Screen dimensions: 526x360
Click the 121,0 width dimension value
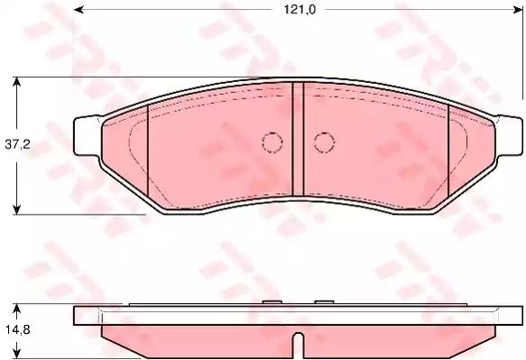click(300, 10)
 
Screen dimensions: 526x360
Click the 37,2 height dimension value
click(17, 144)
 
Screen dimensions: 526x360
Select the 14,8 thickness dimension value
click(17, 330)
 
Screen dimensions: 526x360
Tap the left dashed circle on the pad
click(272, 143)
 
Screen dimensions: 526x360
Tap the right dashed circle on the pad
click(325, 143)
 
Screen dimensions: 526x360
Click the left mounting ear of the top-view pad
click(88, 135)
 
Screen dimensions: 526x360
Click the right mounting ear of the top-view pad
click(509, 135)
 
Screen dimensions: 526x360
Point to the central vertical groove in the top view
click(298, 139)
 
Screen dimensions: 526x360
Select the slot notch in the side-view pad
click(299, 346)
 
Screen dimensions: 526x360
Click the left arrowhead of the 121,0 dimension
click(78, 10)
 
